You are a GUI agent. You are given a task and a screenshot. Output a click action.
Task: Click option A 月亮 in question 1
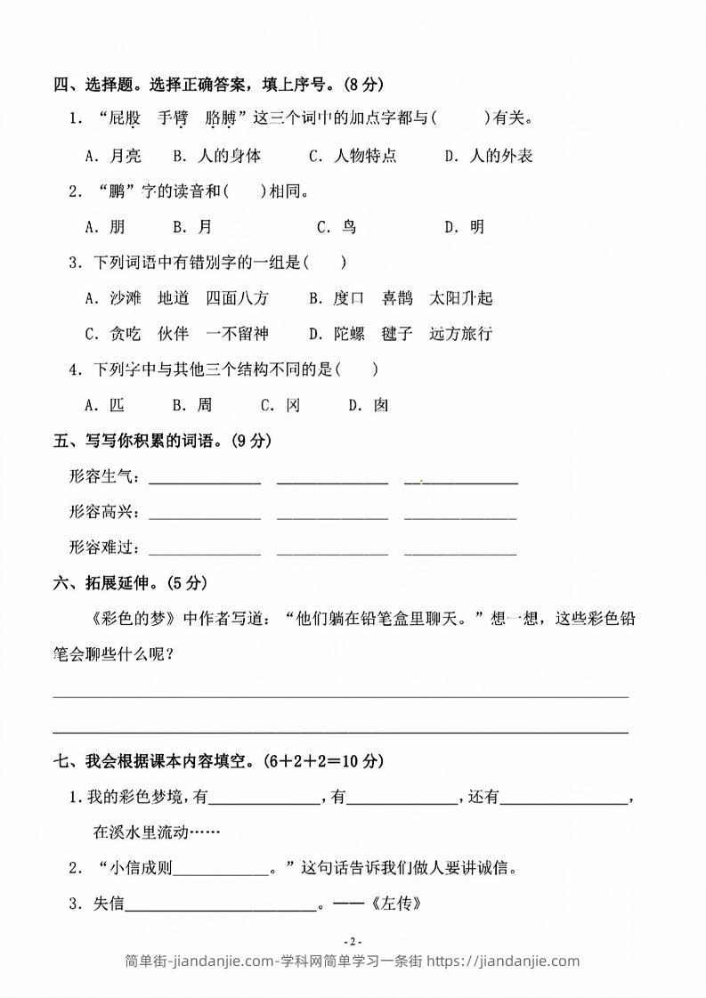tap(113, 156)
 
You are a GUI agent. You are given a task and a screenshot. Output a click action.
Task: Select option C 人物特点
tap(353, 156)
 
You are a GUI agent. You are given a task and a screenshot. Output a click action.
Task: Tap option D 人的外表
tap(489, 156)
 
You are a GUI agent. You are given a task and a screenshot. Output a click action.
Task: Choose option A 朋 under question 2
tap(105, 227)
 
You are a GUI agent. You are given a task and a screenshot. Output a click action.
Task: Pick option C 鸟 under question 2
tap(337, 227)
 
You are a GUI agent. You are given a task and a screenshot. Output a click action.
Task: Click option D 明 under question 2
tap(465, 227)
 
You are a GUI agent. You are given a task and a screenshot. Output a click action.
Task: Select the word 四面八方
tap(237, 298)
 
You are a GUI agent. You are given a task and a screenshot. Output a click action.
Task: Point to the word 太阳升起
tap(460, 298)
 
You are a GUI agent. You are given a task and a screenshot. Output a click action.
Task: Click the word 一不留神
tap(237, 334)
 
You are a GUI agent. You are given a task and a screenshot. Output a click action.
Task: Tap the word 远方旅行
tap(460, 334)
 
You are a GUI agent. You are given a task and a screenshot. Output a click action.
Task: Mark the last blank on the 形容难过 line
tap(460, 550)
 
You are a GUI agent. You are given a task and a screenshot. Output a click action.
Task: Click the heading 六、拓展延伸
tap(130, 583)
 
